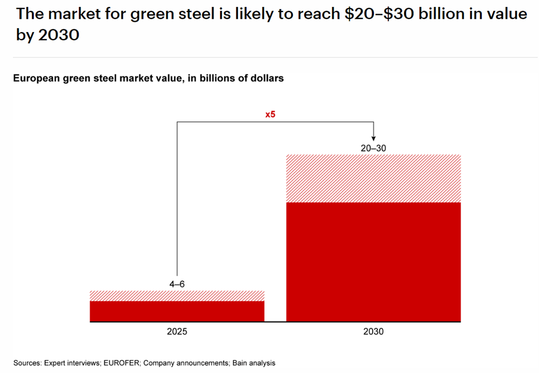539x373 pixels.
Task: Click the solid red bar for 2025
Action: click(177, 311)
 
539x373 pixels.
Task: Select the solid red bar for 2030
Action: click(373, 262)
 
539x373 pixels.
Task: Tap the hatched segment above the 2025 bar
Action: click(177, 296)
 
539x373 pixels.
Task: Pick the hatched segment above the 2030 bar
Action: click(373, 178)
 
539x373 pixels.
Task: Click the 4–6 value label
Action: click(177, 283)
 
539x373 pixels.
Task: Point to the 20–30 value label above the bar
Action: click(373, 147)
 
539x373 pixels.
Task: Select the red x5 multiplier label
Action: click(270, 114)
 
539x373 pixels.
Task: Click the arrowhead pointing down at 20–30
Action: click(373, 138)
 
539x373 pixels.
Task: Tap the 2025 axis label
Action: click(177, 332)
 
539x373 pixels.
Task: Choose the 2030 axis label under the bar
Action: click(373, 332)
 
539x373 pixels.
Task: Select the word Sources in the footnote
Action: click(26, 363)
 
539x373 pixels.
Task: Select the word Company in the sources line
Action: click(156, 363)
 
